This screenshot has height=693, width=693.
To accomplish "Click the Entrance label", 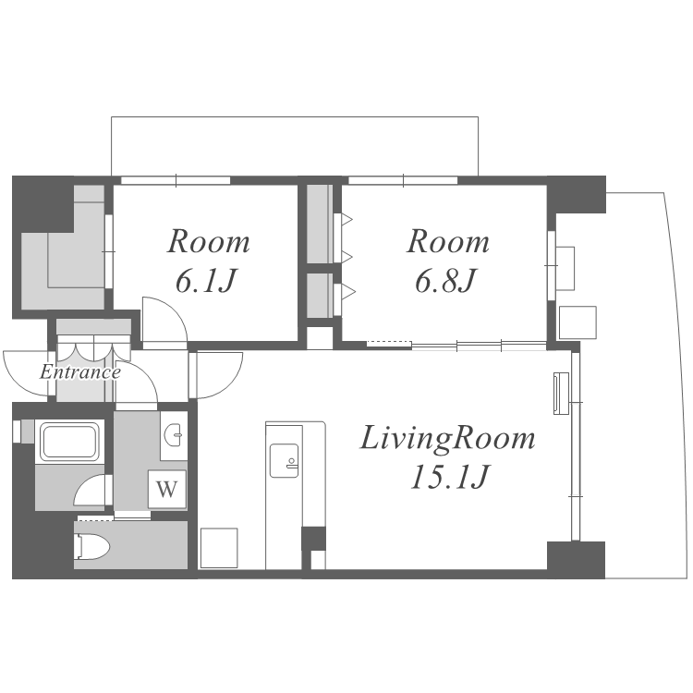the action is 80,372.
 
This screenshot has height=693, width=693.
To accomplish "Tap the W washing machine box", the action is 167,489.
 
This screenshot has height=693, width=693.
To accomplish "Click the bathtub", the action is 69,442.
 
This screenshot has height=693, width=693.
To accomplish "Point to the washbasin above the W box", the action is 174,436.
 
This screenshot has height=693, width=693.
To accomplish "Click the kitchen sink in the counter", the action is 284,460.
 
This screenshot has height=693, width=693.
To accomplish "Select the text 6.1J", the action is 206,280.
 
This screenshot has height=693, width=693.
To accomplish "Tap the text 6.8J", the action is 446,280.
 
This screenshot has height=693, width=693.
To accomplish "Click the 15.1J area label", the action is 449,477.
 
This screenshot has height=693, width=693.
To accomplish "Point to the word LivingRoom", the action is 448,438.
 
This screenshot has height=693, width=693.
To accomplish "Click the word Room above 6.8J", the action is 448,241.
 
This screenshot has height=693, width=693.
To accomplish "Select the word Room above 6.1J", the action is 208,241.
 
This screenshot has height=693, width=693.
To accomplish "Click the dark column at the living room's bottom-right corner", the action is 576,560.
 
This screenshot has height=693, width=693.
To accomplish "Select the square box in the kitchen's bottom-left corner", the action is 219,548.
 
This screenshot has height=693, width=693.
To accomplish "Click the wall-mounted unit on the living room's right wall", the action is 561,394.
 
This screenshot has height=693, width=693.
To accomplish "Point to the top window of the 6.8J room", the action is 403,180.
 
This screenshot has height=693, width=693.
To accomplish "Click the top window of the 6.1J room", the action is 176,180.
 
